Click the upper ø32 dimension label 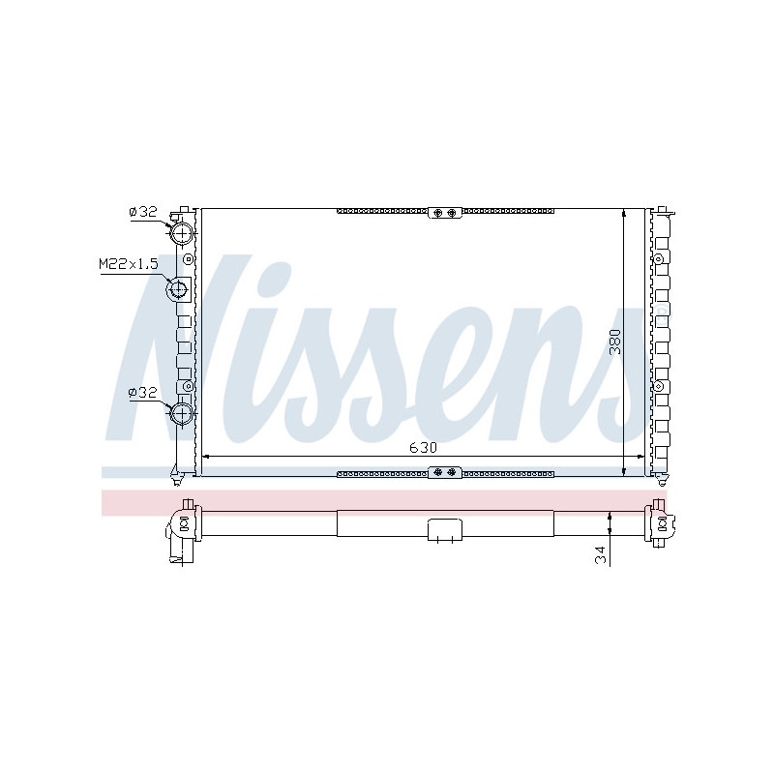[142, 212]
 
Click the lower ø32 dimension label [142, 393]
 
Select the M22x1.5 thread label [128, 263]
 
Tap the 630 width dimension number [423, 447]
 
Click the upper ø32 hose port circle [182, 233]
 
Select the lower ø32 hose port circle [182, 414]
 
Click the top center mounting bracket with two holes [445, 213]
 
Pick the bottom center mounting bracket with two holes [445, 471]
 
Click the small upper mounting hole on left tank [188, 258]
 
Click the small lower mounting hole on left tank [188, 386]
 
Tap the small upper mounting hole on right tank [660, 258]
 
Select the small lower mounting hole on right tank [660, 386]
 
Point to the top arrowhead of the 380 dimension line [623, 213]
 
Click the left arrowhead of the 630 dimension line [205, 456]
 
